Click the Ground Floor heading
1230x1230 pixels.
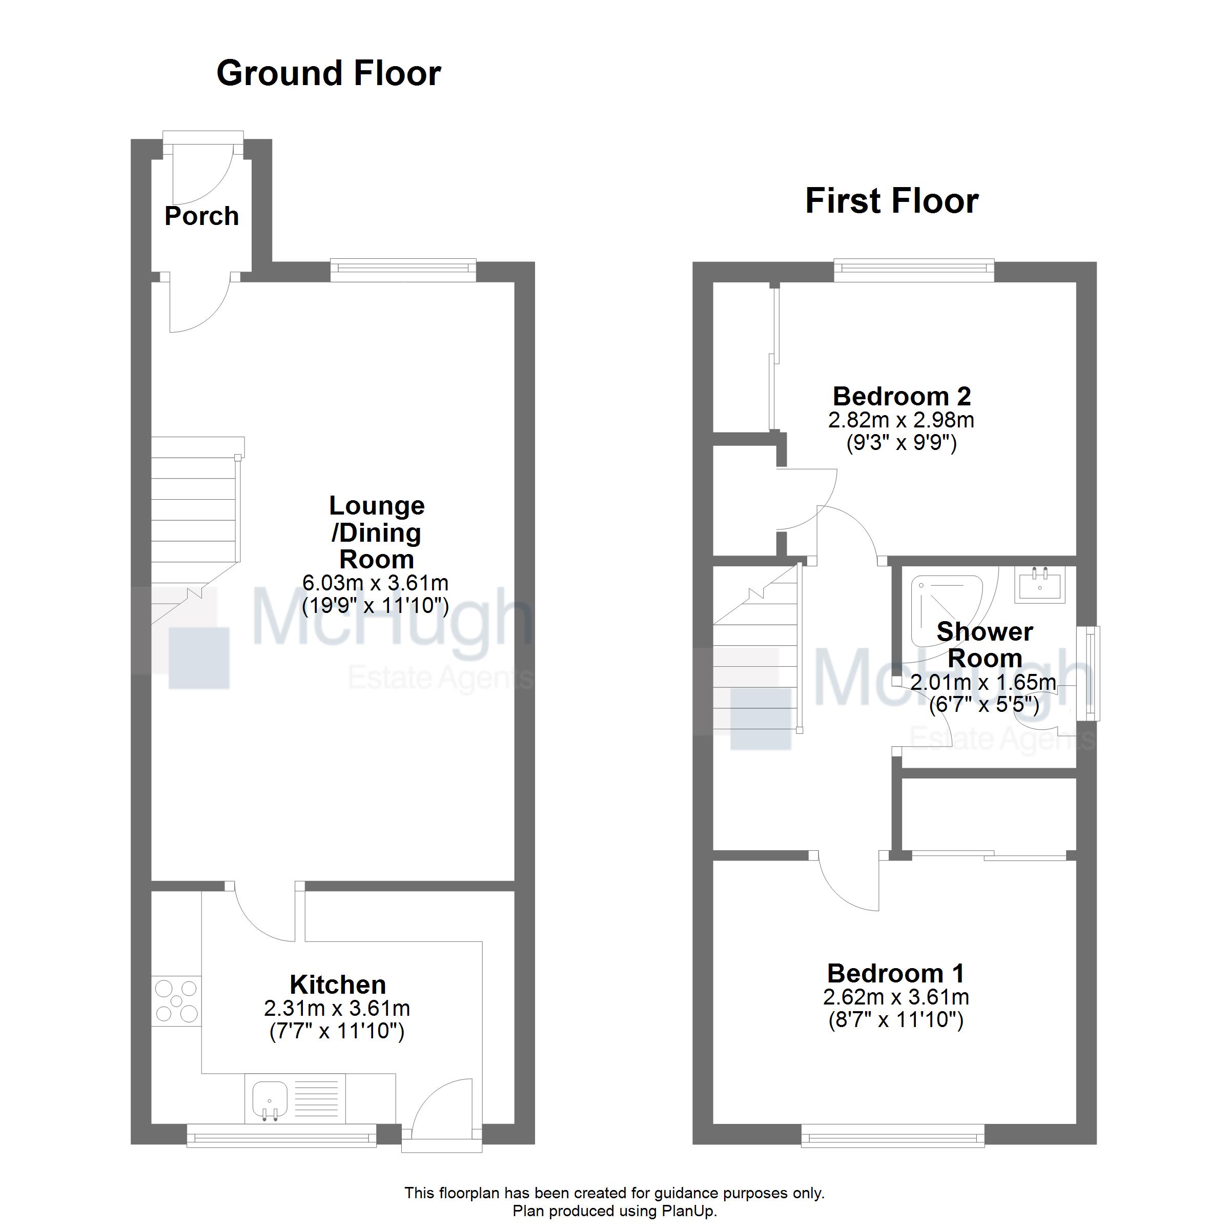329,73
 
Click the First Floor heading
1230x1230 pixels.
891,201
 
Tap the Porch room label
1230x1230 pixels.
201,216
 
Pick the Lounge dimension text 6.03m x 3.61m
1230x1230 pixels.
375,583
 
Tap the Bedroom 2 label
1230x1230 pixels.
901,397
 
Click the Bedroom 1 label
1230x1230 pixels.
896,973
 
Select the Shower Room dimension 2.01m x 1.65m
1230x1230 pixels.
983,683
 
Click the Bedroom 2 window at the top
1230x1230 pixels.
914,270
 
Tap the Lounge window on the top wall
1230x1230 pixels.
403,270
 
